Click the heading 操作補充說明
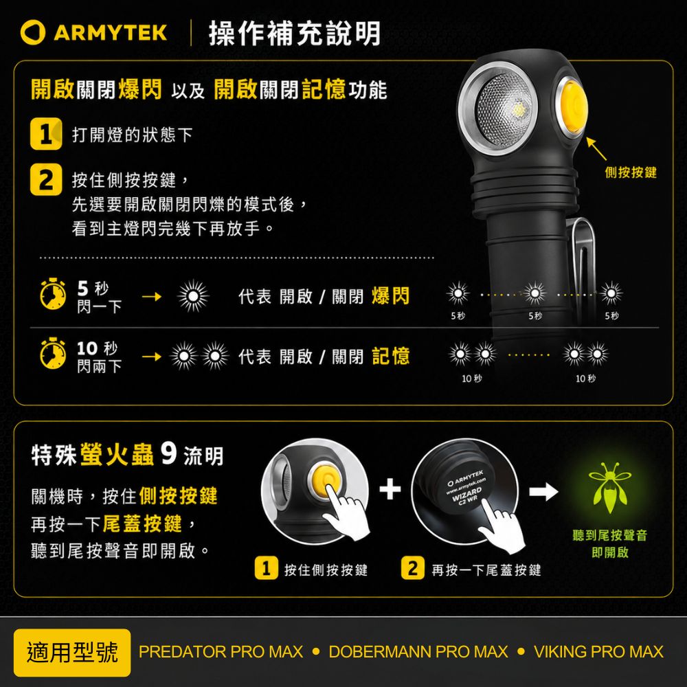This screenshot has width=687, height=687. (295, 33)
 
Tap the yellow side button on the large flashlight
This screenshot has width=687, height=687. (572, 109)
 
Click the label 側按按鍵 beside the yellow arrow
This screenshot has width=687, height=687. (631, 172)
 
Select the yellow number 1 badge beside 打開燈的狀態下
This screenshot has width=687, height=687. (46, 134)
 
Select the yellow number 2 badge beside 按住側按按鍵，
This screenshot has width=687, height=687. (46, 179)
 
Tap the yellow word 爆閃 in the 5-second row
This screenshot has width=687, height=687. (390, 296)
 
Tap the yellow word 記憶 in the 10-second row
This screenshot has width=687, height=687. (390, 356)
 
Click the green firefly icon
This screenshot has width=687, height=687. (609, 487)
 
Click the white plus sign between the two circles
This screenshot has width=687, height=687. (390, 489)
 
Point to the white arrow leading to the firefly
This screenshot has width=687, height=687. (543, 492)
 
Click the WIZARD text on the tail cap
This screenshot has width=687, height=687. (467, 494)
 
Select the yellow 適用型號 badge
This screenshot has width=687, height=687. (72, 653)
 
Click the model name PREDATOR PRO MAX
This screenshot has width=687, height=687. (221, 652)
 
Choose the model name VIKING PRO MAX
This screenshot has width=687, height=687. (598, 652)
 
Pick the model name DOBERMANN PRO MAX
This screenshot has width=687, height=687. (418, 652)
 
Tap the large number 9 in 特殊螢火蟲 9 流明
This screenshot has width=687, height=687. (169, 453)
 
